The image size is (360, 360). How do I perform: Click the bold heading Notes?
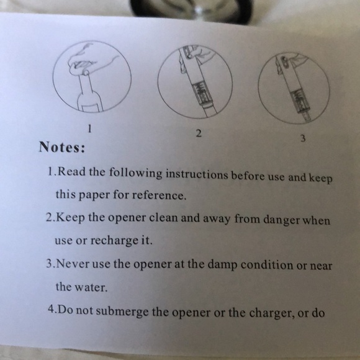click(x=62, y=148)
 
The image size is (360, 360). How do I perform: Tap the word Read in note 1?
click(x=70, y=171)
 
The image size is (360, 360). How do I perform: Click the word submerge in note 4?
click(x=123, y=310)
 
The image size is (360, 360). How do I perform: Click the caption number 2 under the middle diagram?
click(x=198, y=133)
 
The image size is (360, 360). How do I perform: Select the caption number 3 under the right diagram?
click(x=302, y=138)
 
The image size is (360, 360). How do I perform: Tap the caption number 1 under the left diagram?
click(x=91, y=130)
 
